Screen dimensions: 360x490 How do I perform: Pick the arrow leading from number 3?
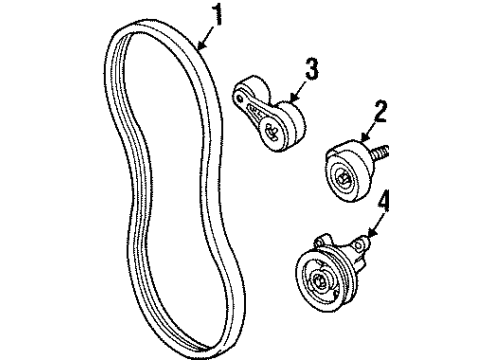point(297,87)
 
